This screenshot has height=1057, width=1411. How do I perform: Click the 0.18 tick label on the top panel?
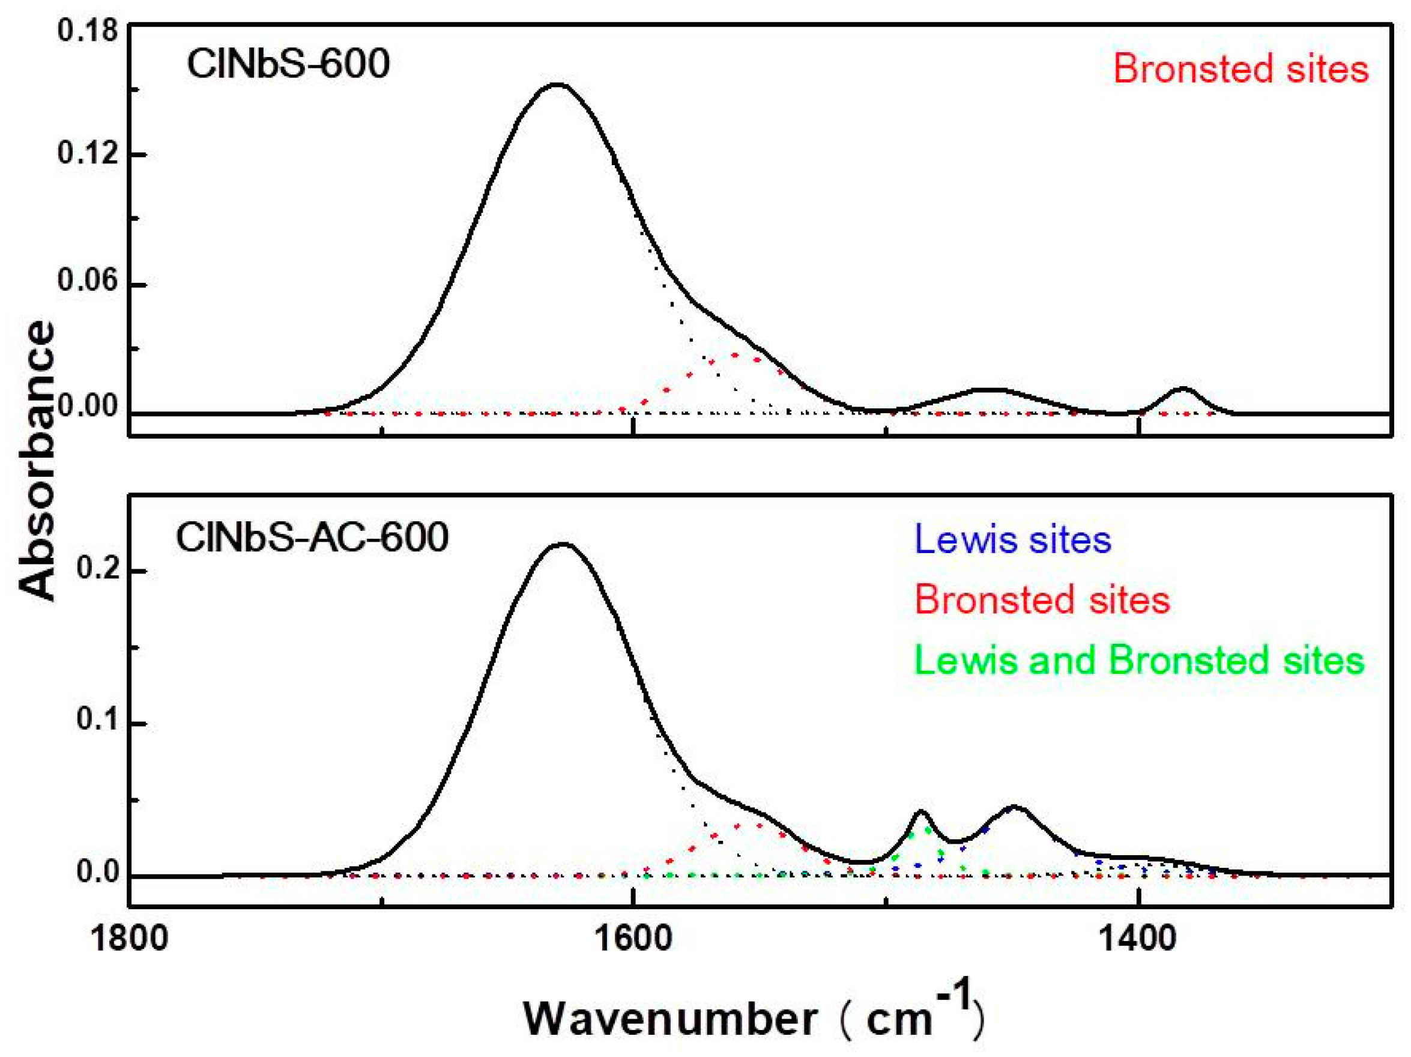pos(88,31)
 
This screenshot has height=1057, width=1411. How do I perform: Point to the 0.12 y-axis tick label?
pos(88,154)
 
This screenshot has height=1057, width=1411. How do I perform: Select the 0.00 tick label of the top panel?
pos(88,407)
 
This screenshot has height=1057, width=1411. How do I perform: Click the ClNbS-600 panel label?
pos(288,64)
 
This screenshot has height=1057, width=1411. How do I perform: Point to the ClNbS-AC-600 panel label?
pos(312,538)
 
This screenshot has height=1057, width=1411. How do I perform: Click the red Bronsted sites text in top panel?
pos(1240,69)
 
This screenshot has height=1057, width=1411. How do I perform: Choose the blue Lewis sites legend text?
pos(1013,539)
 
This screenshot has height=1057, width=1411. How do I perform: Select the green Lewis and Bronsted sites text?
pos(1139,659)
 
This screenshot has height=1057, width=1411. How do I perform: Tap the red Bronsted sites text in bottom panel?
pos(1042,599)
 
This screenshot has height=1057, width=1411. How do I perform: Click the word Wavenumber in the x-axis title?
pos(670,1019)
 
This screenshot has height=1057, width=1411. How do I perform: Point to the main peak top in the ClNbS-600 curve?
pos(557,84)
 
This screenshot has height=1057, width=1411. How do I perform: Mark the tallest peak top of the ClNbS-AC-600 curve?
pos(561,544)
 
